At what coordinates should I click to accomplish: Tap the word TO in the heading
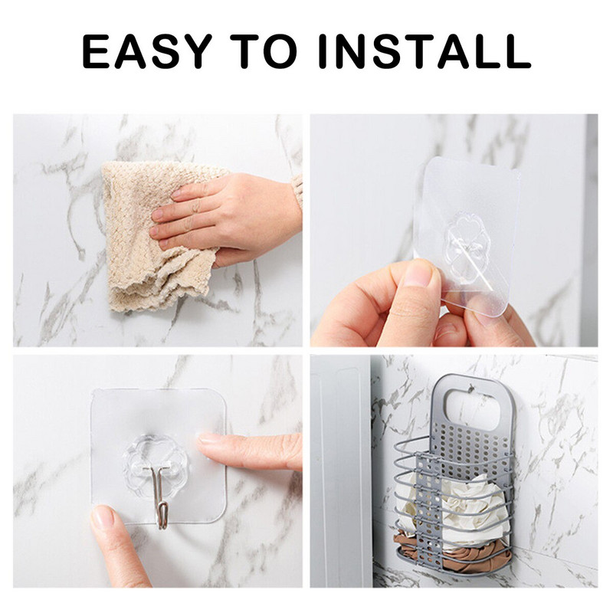pyautogui.click(x=264, y=51)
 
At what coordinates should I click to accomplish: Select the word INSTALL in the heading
pyautogui.click(x=425, y=51)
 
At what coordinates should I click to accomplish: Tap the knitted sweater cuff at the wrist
pyautogui.click(x=298, y=192)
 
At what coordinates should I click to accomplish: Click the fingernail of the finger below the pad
pyautogui.click(x=103, y=516)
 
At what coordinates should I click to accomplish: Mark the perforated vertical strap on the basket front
pyautogui.click(x=428, y=508)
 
